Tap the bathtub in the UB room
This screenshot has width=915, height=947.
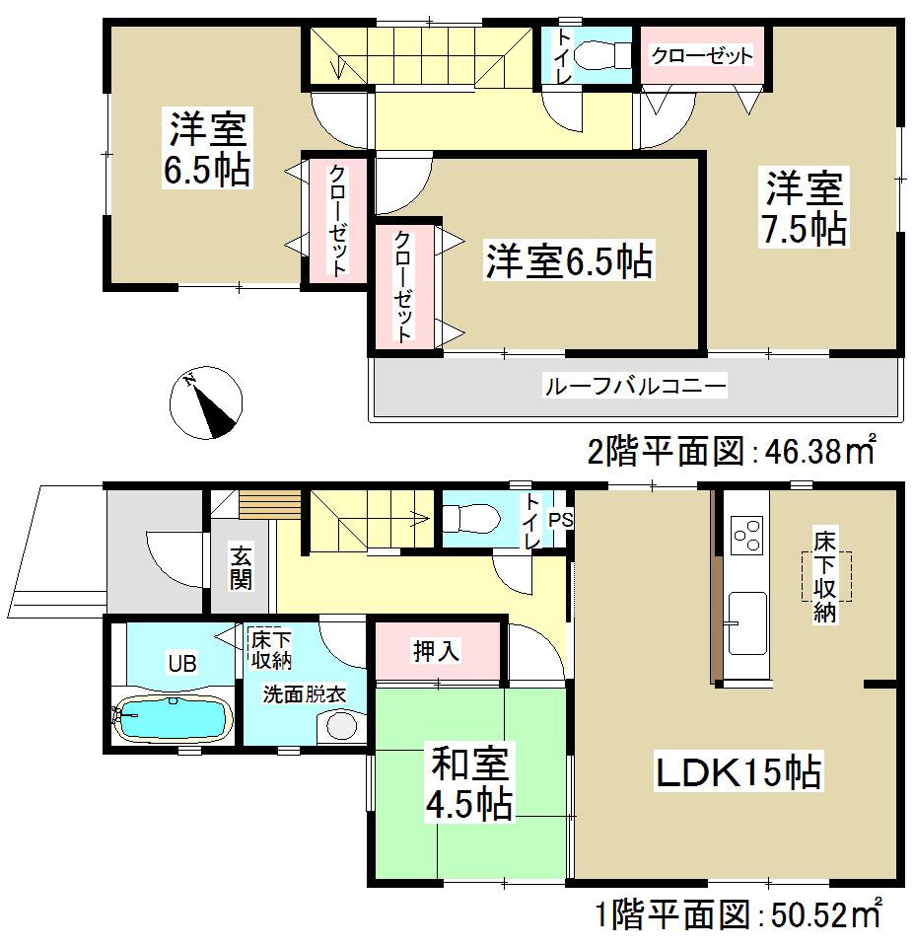pos(174,717)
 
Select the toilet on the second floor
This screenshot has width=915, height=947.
pos(594,56)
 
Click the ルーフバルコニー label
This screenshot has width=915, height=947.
pos(636,386)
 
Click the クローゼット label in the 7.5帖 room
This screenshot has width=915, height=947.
pos(701,55)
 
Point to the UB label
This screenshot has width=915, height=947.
pos(180,663)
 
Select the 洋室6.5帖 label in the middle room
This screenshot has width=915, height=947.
pos(567,263)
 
